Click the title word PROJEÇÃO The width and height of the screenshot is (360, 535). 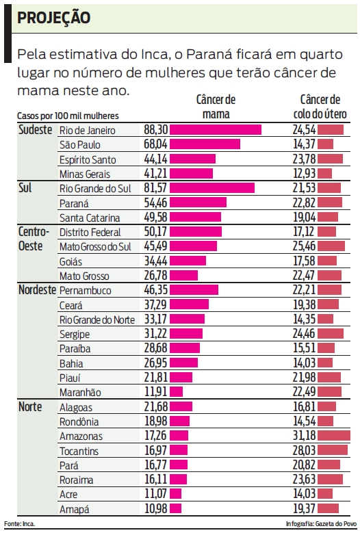(53, 18)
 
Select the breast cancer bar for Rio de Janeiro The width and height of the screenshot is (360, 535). (215, 129)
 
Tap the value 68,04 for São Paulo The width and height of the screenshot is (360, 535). (155, 144)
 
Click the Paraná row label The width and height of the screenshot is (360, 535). (75, 203)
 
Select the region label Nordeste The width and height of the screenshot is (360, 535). (37, 290)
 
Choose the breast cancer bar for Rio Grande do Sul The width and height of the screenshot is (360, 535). (211, 188)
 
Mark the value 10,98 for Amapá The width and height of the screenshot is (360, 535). (155, 509)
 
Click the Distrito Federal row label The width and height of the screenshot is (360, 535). (90, 232)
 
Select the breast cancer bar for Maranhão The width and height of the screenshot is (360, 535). (176, 392)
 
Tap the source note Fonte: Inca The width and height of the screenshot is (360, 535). (19, 523)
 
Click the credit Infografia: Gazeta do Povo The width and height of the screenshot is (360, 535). (321, 523)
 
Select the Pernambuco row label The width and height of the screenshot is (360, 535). (86, 290)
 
